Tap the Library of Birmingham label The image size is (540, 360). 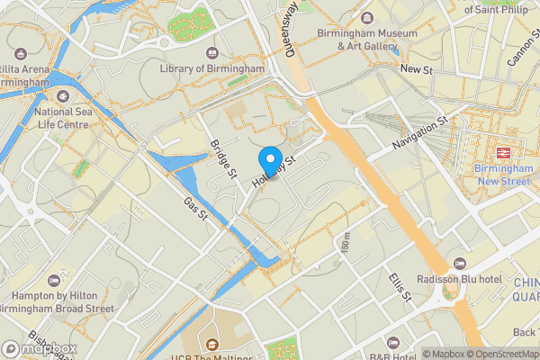coord(211,68)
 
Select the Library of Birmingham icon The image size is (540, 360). coord(211,53)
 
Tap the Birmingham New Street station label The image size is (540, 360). coord(504,174)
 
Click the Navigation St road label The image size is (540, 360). coord(419,134)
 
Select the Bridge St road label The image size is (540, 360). coord(223,158)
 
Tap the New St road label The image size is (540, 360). coord(417,69)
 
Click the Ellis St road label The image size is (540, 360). coord(400,283)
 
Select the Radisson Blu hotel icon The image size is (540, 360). coord(460,264)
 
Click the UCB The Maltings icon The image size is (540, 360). coord(211,343)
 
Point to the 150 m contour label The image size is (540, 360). coord(345,241)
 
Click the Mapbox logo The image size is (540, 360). coord(39,348)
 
